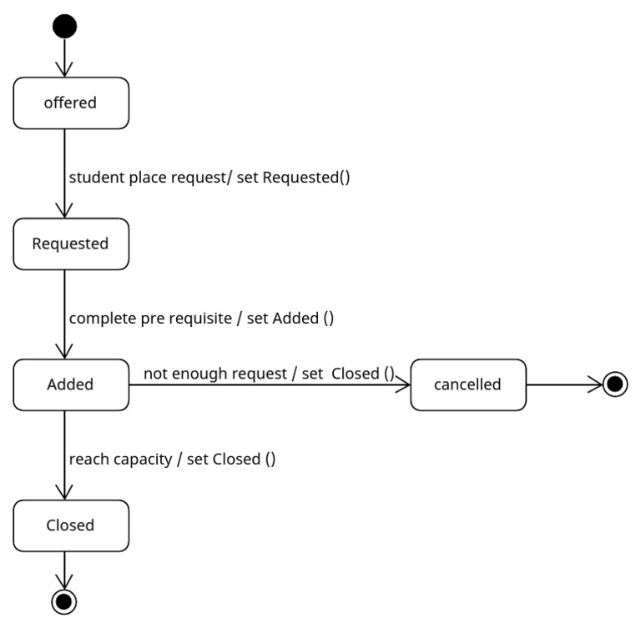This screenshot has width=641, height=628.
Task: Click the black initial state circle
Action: click(64, 27)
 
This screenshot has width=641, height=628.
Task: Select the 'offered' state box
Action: click(71, 103)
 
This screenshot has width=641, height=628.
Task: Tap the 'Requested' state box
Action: click(71, 244)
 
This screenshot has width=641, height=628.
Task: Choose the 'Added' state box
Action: click(71, 384)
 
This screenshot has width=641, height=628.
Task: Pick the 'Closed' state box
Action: click(71, 525)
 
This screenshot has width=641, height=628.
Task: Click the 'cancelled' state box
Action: click(468, 384)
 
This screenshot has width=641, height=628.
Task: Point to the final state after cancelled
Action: click(614, 384)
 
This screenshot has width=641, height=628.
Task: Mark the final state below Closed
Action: click(64, 600)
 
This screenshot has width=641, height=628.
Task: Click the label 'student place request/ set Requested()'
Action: click(209, 178)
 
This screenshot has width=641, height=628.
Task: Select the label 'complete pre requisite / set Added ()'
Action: click(201, 319)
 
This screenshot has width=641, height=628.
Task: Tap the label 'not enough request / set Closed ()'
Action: click(268, 374)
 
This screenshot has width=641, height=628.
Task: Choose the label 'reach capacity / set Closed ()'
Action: click(172, 460)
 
